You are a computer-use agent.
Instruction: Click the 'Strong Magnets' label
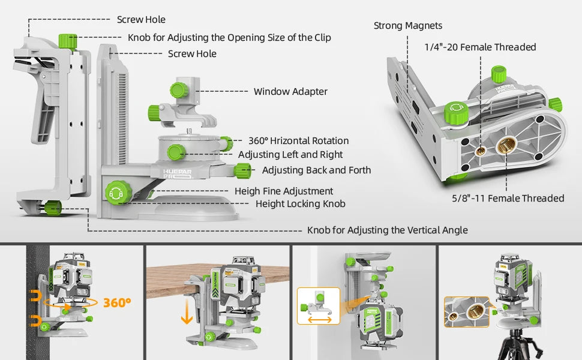(x=408, y=26)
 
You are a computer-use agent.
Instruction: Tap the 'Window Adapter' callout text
(x=290, y=92)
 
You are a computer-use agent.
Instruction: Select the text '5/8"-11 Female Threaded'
(x=508, y=198)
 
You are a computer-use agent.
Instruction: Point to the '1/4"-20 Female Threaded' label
(x=480, y=47)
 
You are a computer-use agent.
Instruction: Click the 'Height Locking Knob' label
(x=300, y=203)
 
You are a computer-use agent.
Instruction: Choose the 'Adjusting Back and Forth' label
(x=316, y=170)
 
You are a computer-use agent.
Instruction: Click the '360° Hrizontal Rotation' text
(x=298, y=140)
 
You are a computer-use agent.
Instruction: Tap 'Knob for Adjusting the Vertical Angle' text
(x=387, y=230)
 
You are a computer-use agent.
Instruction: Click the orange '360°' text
(x=117, y=302)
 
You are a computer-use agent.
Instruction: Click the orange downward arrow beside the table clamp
(x=187, y=313)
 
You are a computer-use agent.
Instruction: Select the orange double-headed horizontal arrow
(x=319, y=319)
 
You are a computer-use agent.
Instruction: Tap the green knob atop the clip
(x=68, y=41)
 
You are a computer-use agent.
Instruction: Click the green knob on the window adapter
(x=178, y=91)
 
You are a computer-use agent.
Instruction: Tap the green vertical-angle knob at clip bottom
(x=52, y=208)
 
